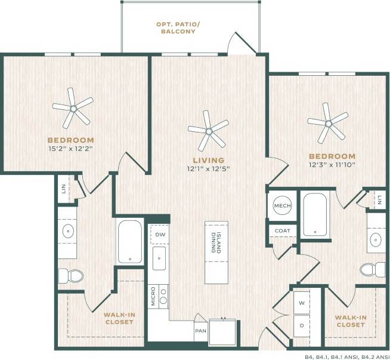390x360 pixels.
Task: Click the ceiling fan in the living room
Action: pyautogui.click(x=208, y=130)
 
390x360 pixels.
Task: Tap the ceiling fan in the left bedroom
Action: pyautogui.click(x=73, y=108)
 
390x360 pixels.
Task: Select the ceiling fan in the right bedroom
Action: pyautogui.click(x=327, y=123)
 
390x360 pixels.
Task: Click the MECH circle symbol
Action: pyautogui.click(x=281, y=206)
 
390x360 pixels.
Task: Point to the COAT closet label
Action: pyautogui.click(x=282, y=230)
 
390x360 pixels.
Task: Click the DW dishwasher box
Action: pyautogui.click(x=159, y=235)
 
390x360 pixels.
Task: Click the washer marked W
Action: pyautogui.click(x=302, y=303)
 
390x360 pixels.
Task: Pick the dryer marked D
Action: pyautogui.click(x=302, y=325)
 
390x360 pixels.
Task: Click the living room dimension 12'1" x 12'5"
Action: pyautogui.click(x=208, y=168)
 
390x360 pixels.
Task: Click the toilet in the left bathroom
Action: pyautogui.click(x=74, y=275)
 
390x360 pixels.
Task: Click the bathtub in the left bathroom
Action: pyautogui.click(x=129, y=242)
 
